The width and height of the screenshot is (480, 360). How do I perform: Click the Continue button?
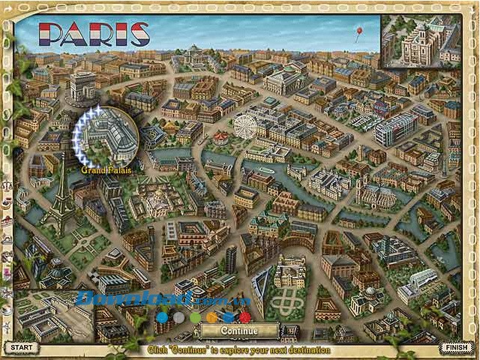click(239, 331)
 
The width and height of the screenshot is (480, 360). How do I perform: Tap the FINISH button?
click(456, 347)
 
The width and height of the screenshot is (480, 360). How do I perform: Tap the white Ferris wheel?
click(245, 125)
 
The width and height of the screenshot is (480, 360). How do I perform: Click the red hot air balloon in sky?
click(358, 32)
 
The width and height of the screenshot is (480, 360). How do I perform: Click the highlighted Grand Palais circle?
click(109, 136)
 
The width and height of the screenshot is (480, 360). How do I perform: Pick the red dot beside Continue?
click(244, 316)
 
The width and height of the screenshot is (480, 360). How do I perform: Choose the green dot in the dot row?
click(195, 316)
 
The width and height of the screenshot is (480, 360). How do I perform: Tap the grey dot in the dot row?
click(178, 316)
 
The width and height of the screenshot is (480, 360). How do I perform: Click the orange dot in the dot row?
click(211, 316)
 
